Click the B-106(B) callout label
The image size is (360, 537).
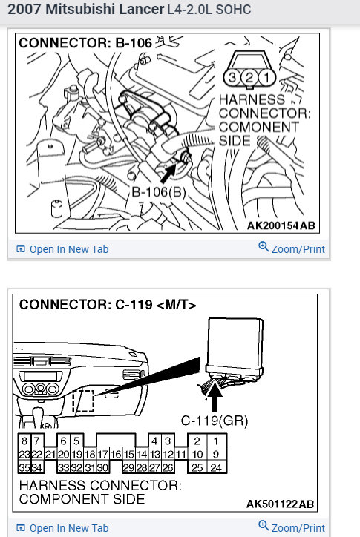pyautogui.click(x=158, y=193)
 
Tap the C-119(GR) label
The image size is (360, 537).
pyautogui.click(x=215, y=421)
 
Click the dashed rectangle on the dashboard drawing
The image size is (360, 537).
pyautogui.click(x=84, y=401)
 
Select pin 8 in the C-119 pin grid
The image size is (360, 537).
pyautogui.click(x=24, y=441)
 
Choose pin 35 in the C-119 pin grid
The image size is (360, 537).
pyautogui.click(x=24, y=467)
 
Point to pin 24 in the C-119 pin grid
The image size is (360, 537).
pyautogui.click(x=216, y=467)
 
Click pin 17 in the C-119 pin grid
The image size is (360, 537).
pyautogui.click(x=103, y=454)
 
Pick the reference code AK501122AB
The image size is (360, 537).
pyautogui.click(x=280, y=504)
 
